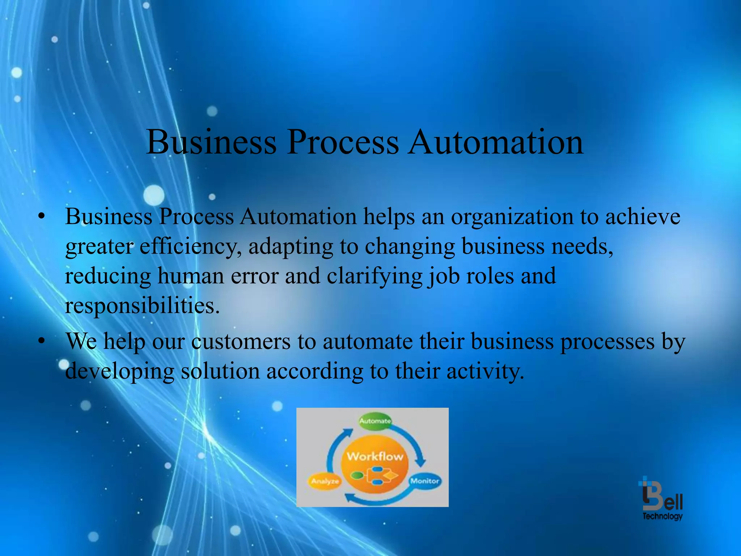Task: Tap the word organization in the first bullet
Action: [512, 217]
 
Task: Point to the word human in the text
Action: [191, 277]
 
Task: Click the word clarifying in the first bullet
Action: [374, 277]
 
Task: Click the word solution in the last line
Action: [220, 371]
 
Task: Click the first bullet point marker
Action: [42, 216]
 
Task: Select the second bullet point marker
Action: [42, 341]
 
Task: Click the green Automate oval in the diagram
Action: [375, 421]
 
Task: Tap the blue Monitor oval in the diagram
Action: [425, 481]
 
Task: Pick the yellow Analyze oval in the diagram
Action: [325, 481]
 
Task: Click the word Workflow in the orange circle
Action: [375, 456]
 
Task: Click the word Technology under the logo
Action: [662, 516]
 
